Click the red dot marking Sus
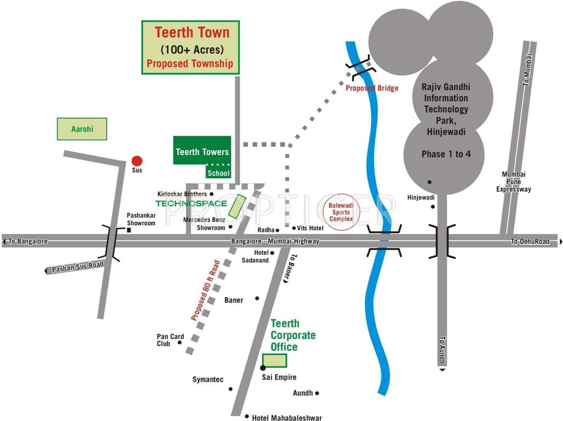click(x=137, y=161)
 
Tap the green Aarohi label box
click(x=82, y=129)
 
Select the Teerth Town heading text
click(x=192, y=32)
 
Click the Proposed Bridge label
click(x=371, y=88)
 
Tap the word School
click(x=218, y=173)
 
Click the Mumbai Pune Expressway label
click(x=514, y=182)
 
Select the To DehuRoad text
click(x=530, y=242)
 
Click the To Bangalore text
click(x=28, y=242)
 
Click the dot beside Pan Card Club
click(x=179, y=344)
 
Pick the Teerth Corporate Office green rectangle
click(x=275, y=360)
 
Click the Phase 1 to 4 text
click(x=446, y=154)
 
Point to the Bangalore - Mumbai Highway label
click(x=275, y=242)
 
